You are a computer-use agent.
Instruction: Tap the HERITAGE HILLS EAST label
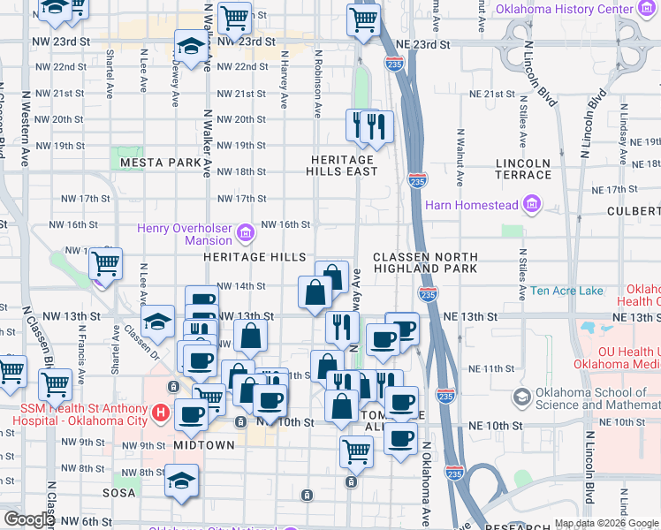pos(343,165)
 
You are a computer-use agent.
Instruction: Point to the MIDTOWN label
pos(204,445)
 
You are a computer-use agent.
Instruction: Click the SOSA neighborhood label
pos(118,492)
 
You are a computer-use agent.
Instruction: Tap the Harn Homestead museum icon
pos(531,205)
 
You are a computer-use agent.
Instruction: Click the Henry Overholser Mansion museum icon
pos(247,233)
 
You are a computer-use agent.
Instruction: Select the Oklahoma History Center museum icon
pos(650,10)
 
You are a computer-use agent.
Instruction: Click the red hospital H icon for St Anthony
pos(160,412)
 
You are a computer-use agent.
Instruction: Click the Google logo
pos(28,519)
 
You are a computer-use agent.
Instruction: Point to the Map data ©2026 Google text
pos(606,523)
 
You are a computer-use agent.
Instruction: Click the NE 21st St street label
pos(492,94)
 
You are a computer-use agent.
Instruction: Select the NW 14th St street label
pos(241,286)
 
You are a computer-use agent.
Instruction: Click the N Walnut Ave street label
pos(460,157)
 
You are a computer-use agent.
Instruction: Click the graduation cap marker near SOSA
pos(181,481)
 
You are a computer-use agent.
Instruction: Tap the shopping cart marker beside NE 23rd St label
pos(363,19)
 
